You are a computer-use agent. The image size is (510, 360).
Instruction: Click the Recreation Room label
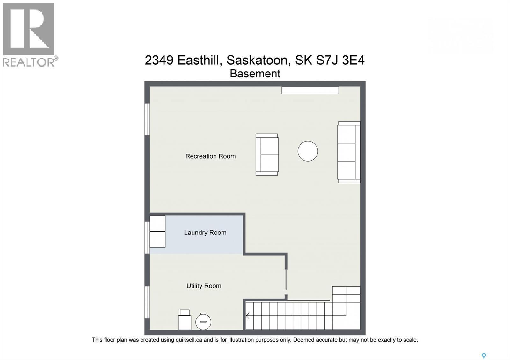pyautogui.click(x=210, y=156)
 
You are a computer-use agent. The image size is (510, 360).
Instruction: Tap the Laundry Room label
pyautogui.click(x=205, y=233)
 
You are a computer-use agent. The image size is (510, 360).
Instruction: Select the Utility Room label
pyautogui.click(x=204, y=286)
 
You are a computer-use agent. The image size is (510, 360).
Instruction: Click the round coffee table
pyautogui.click(x=308, y=151)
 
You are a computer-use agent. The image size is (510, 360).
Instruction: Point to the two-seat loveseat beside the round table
pyautogui.click(x=267, y=155)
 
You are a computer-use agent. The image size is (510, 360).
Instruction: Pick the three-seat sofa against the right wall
pyautogui.click(x=348, y=152)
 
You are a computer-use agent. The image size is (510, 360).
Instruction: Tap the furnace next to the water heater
pyautogui.click(x=185, y=320)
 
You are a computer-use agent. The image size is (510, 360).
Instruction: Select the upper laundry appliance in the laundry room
pyautogui.click(x=157, y=223)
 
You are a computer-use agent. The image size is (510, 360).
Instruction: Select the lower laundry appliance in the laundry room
pyautogui.click(x=157, y=239)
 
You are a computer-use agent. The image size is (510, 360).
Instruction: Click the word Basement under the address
pyautogui.click(x=255, y=74)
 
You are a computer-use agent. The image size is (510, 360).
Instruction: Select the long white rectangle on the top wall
pyautogui.click(x=310, y=90)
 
